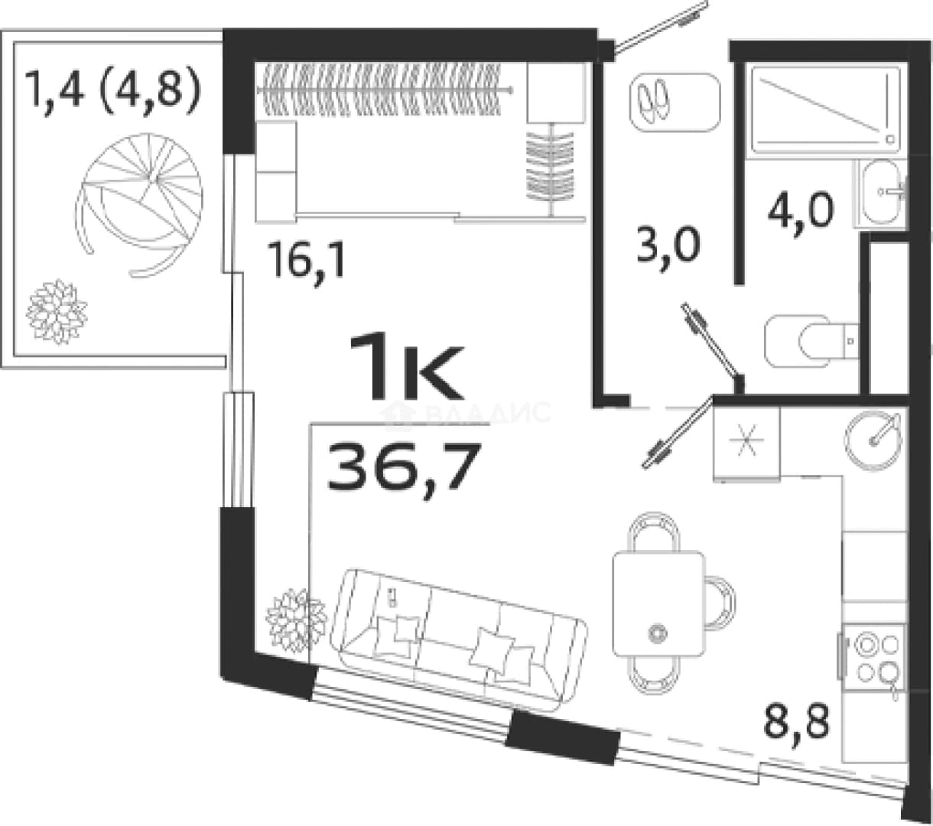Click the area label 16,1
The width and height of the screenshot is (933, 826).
click(308, 262)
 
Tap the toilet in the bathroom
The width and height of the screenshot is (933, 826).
click(811, 341)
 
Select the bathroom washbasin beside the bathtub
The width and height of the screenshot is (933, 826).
click(880, 192)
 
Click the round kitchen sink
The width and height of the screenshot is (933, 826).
click(873, 441)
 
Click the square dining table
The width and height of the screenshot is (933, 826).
click(659, 603)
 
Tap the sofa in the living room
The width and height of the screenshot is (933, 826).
click(459, 640)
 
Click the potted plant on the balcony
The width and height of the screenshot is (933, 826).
click(57, 312)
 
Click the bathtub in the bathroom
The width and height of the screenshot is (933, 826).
click(826, 109)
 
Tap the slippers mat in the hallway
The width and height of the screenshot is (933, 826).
click(675, 102)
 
